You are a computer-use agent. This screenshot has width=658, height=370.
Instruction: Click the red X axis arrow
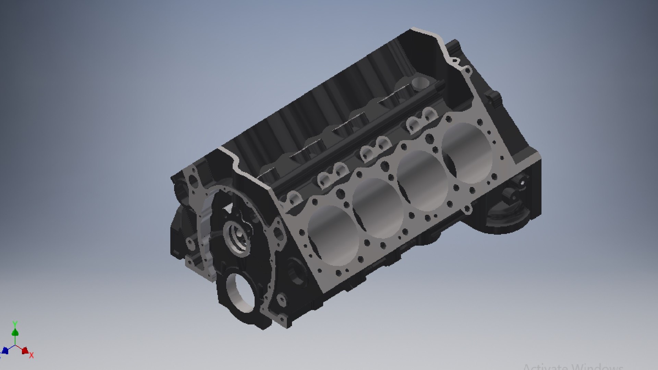25,350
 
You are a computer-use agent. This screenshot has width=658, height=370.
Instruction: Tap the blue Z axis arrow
5,350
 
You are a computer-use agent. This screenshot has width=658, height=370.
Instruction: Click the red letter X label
32,355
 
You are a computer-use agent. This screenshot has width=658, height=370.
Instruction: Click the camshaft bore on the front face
236,236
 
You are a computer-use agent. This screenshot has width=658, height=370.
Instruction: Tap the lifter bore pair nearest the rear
422,118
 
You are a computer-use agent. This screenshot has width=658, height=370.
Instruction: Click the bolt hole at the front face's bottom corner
282,299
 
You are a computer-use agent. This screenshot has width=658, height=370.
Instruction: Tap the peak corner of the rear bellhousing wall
413,29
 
